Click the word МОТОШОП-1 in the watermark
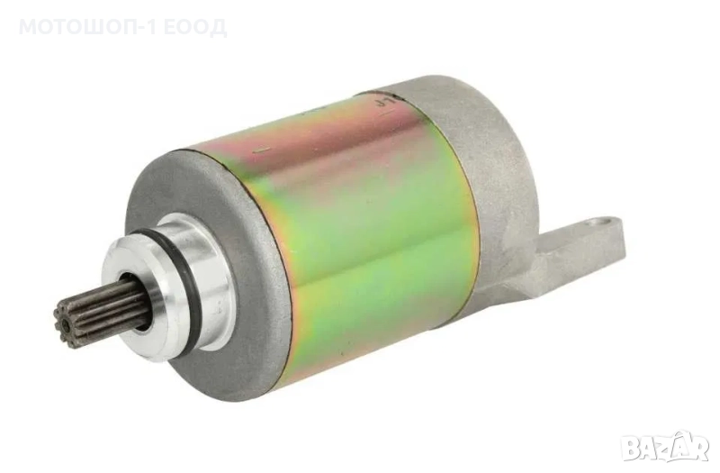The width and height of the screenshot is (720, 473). point(87,28)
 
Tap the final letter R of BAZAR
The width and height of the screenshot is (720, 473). point(701,450)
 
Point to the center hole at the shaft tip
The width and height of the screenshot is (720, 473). point(67,323)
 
